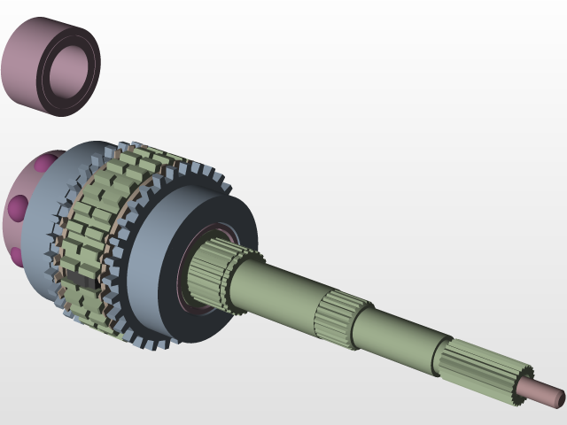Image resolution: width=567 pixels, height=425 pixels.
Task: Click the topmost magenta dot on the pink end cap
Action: coord(41,165)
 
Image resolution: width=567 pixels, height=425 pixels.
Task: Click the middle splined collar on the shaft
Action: coord(337,319)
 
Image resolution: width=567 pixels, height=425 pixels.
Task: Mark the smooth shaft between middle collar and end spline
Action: coord(399,341)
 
